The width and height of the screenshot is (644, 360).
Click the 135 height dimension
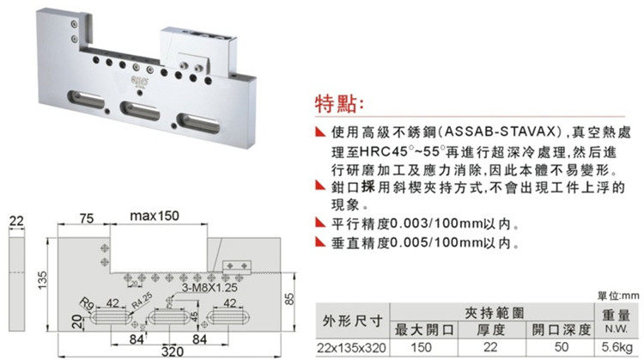coord(40,281)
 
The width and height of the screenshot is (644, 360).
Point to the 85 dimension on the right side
coord(289,299)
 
